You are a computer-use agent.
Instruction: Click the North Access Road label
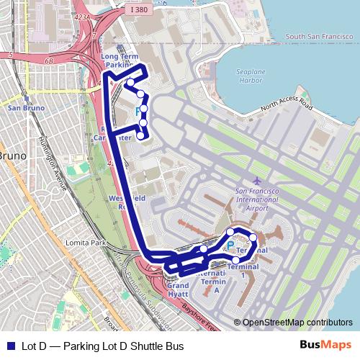(288, 107)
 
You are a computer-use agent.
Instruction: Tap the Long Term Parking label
(120, 60)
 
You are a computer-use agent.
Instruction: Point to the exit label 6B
(49, 61)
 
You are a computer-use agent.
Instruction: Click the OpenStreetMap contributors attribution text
(297, 323)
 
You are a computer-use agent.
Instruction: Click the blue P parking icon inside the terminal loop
(230, 246)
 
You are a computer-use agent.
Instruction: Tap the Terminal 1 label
(243, 271)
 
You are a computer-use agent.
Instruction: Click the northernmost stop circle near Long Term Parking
(130, 82)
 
